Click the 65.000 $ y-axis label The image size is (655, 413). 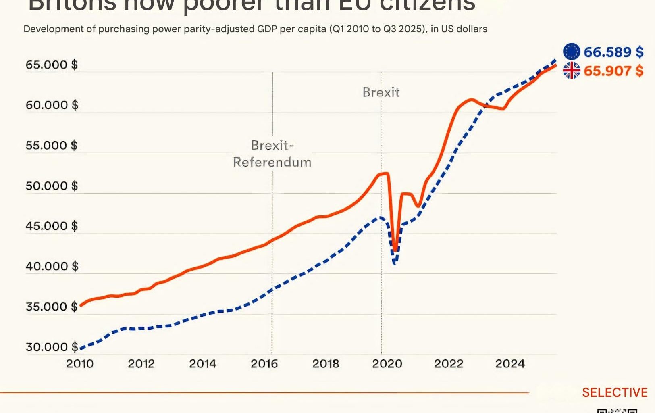point(52,65)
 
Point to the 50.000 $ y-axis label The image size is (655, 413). point(52,186)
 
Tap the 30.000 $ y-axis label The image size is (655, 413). point(52,347)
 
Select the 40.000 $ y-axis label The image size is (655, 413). point(52,266)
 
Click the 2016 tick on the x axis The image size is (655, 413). point(264,364)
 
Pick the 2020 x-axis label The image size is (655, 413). point(387,364)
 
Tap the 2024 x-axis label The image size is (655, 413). point(510,364)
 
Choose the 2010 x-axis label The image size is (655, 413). point(80,364)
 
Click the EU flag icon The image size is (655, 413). point(571,52)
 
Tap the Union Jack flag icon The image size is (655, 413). point(571,71)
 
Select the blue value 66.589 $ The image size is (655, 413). point(613,52)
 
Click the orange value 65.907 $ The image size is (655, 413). point(613,71)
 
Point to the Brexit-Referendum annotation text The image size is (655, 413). point(272,154)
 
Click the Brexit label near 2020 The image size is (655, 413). point(381,92)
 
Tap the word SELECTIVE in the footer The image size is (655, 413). point(614,392)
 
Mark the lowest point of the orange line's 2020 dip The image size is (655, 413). point(395,251)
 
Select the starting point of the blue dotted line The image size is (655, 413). point(81,348)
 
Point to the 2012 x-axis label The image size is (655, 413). point(141,364)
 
